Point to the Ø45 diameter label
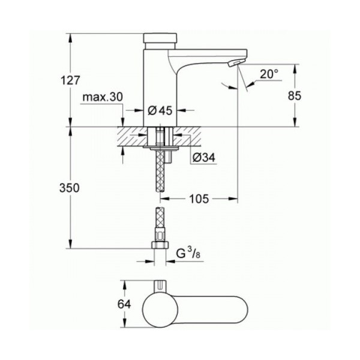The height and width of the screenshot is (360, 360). coord(160,110)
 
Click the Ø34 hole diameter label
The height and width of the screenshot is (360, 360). coord(203,158)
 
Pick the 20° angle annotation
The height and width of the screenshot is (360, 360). coord(269,74)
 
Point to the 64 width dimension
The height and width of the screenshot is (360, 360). coord(124,304)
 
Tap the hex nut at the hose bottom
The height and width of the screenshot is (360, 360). coord(160,246)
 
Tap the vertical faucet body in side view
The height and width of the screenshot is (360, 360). coord(159,84)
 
